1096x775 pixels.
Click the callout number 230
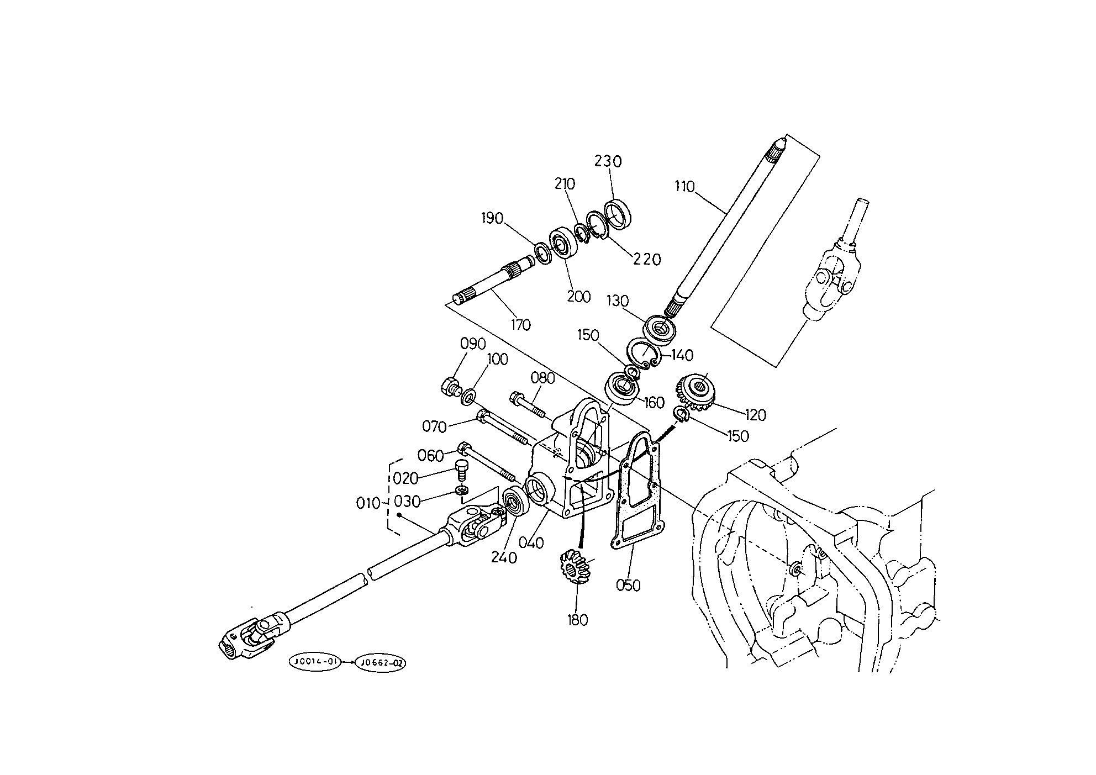click(608, 161)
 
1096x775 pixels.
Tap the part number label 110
click(684, 187)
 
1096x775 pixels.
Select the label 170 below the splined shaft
click(520, 325)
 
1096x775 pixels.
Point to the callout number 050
click(628, 585)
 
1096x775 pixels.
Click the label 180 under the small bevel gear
click(577, 620)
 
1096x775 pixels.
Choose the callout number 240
click(504, 558)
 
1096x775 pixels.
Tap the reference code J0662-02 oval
click(380, 663)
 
